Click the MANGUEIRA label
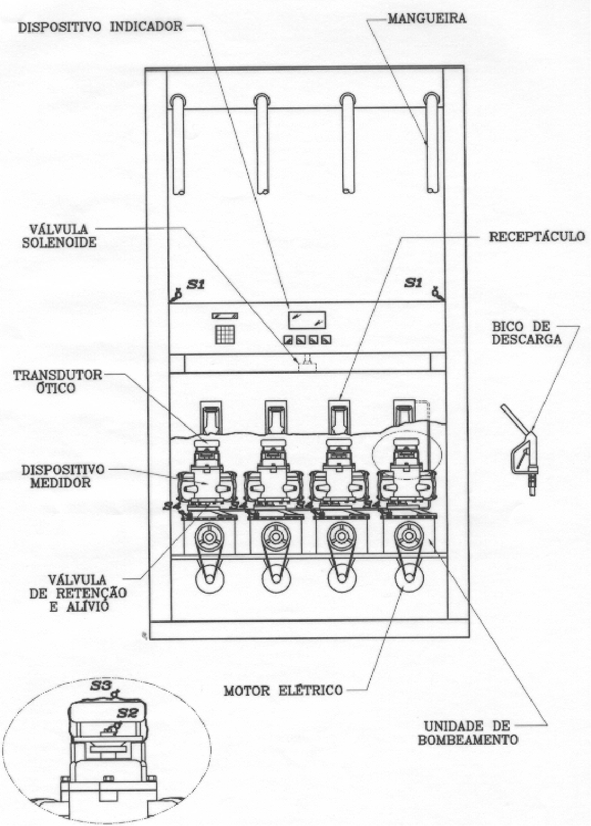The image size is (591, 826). click(427, 19)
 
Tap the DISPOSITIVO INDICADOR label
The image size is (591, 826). click(100, 27)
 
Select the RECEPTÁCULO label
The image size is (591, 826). click(537, 237)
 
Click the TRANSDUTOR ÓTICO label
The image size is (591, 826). click(57, 381)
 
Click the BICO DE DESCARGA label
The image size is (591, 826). click(526, 333)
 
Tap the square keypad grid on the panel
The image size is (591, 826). click(224, 334)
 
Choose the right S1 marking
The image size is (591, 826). click(415, 283)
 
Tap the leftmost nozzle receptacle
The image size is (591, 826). click(211, 417)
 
